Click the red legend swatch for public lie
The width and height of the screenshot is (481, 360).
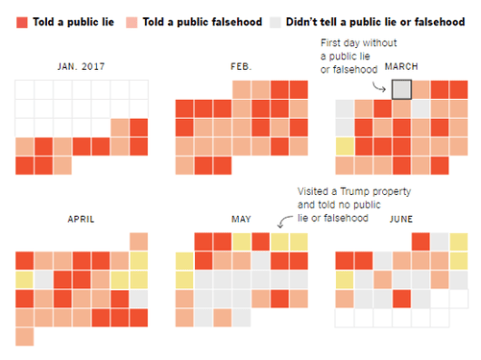[x=22, y=21]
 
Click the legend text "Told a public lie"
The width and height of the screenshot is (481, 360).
[x=72, y=21]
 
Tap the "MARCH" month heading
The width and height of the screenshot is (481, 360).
[x=400, y=66]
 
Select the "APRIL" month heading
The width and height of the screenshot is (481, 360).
[x=82, y=219]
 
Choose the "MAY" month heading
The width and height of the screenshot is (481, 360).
[x=240, y=219]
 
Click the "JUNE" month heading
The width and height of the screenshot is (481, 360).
[x=400, y=219]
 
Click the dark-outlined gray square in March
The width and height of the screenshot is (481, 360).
[x=402, y=89]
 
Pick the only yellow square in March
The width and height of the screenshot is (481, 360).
[x=344, y=147]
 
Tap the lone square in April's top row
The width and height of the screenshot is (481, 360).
[x=138, y=240]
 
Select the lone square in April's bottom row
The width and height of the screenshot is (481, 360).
[x=24, y=336]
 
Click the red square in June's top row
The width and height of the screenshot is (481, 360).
[x=421, y=240]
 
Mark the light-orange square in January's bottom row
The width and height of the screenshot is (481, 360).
[x=62, y=165]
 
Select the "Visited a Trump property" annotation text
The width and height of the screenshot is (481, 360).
[x=355, y=191]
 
